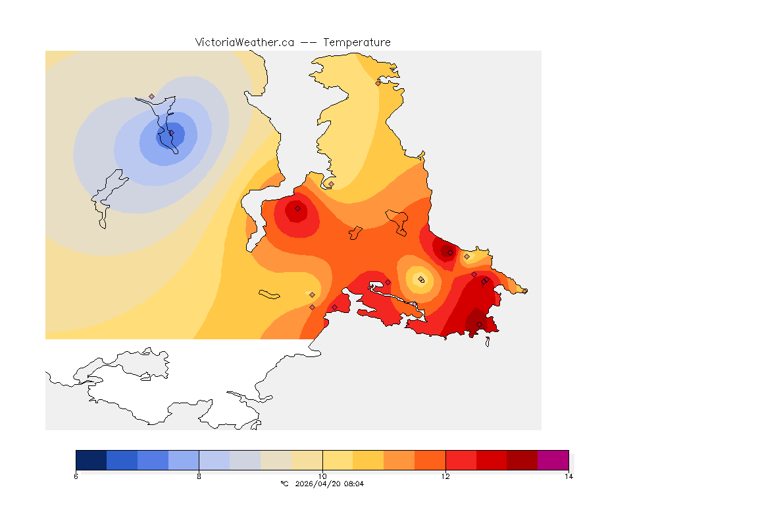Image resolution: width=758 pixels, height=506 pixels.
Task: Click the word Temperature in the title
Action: click(357, 42)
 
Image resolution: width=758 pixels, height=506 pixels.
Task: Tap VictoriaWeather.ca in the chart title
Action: click(244, 42)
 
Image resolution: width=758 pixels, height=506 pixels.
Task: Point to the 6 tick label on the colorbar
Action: click(76, 476)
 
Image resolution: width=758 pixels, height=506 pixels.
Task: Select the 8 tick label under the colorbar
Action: click(199, 476)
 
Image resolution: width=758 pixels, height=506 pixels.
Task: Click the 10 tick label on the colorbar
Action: click(322, 476)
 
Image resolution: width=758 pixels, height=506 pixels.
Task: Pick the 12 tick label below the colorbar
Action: click(445, 476)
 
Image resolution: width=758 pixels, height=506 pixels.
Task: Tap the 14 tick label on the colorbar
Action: click(568, 476)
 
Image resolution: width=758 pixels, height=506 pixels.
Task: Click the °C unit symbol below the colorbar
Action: click(284, 484)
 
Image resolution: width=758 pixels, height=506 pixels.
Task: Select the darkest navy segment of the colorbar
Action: click(91, 459)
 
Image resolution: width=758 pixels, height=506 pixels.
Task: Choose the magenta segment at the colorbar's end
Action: click(553, 459)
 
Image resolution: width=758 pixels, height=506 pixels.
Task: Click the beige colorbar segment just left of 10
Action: click(307, 459)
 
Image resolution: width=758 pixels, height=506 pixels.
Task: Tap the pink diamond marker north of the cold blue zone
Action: click(151, 96)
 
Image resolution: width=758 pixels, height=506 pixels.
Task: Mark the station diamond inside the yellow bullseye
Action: click(421, 279)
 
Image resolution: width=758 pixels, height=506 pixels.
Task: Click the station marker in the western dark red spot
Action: click(297, 208)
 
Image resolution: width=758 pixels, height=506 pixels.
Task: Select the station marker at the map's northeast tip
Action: click(378, 83)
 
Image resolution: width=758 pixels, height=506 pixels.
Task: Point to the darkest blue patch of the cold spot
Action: click(170, 134)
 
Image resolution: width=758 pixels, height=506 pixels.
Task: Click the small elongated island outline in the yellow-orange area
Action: click(270, 294)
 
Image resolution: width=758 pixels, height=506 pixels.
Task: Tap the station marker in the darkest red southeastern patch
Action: click(479, 323)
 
